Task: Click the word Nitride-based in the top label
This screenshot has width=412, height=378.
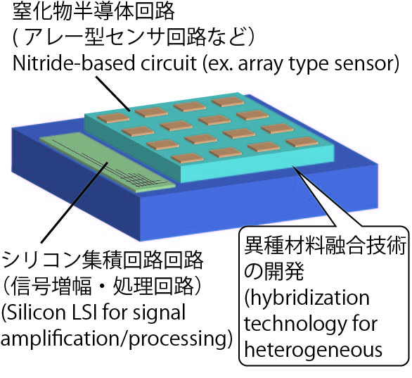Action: pos(74,63)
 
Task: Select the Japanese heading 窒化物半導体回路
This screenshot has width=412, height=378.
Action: pos(94,11)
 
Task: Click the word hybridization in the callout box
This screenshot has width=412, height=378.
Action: pos(307,298)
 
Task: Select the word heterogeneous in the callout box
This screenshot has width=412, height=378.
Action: pos(313,351)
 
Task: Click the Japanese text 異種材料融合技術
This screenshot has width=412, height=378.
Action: pos(325,246)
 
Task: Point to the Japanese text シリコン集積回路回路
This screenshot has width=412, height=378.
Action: pos(103,260)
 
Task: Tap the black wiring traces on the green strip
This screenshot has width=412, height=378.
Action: pos(110,165)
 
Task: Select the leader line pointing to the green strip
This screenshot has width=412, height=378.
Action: pos(74,203)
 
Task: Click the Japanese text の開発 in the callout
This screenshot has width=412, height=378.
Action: pos(274,271)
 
